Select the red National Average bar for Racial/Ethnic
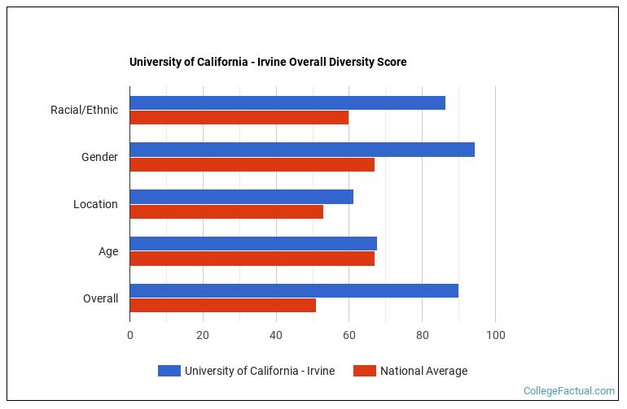[x=239, y=117]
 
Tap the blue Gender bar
[x=302, y=150]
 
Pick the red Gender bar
[x=252, y=164]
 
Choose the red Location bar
[x=226, y=211]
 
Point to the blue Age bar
[x=253, y=244]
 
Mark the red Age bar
[x=252, y=259]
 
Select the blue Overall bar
[x=294, y=291]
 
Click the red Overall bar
[x=222, y=306]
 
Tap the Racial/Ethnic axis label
[x=84, y=110]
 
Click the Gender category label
[x=99, y=157]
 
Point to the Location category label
[x=95, y=204]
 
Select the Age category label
[x=108, y=251]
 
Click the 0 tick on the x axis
[x=129, y=335]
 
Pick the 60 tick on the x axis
[x=349, y=335]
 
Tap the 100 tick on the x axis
[x=495, y=335]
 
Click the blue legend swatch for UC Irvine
[x=169, y=371]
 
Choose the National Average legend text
[x=423, y=371]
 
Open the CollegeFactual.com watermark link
[x=568, y=391]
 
